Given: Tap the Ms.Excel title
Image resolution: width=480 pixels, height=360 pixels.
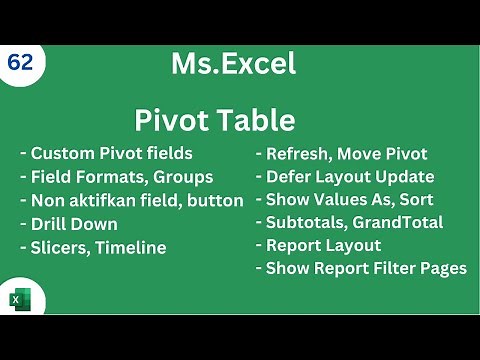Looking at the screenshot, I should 233,65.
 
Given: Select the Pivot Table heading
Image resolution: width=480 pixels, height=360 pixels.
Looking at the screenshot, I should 215,121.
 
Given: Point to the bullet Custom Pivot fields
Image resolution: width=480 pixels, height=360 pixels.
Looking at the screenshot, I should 106,154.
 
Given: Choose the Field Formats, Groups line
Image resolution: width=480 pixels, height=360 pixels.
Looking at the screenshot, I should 116,177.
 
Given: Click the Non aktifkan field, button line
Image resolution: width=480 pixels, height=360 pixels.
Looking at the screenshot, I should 131,200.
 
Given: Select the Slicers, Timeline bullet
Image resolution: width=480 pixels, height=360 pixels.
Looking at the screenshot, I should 93,247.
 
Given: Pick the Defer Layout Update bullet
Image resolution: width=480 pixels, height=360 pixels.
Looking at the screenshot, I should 345,177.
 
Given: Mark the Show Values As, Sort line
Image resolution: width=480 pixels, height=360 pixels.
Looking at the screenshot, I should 344,200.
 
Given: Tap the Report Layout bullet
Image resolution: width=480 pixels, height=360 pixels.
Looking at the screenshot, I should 318,245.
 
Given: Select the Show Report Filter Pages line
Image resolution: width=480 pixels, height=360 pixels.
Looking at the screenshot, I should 361,268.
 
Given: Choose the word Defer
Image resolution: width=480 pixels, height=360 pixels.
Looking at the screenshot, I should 289,177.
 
